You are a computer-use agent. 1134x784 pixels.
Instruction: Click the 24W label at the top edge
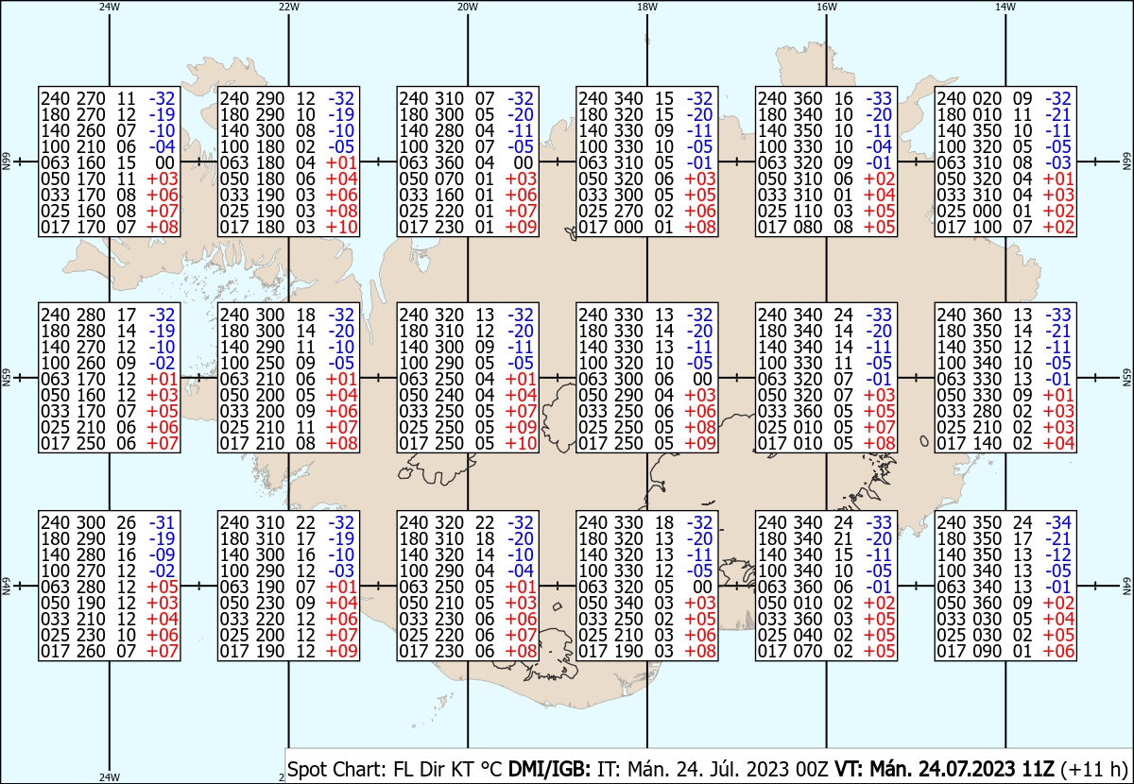[110, 7]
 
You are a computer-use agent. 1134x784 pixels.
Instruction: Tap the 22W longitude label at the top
[288, 7]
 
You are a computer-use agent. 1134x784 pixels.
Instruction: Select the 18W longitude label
[647, 7]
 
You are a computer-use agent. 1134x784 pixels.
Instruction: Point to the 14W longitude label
[1005, 7]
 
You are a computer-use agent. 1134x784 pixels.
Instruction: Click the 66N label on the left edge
[6, 162]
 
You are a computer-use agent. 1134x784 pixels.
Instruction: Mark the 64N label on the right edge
[1126, 586]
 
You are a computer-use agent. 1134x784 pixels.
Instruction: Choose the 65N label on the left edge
[6, 378]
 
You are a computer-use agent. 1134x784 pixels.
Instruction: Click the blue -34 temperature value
[1058, 523]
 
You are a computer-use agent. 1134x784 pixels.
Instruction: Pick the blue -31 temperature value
[162, 523]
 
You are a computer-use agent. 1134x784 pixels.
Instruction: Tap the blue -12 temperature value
[1058, 554]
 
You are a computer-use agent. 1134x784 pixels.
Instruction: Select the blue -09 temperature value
[162, 554]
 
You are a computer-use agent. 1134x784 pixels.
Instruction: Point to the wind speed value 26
[127, 523]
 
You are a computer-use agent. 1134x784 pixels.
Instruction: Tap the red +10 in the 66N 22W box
[342, 228]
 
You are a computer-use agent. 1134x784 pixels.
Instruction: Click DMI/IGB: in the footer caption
[549, 770]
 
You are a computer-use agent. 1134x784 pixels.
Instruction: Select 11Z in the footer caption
[1038, 770]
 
